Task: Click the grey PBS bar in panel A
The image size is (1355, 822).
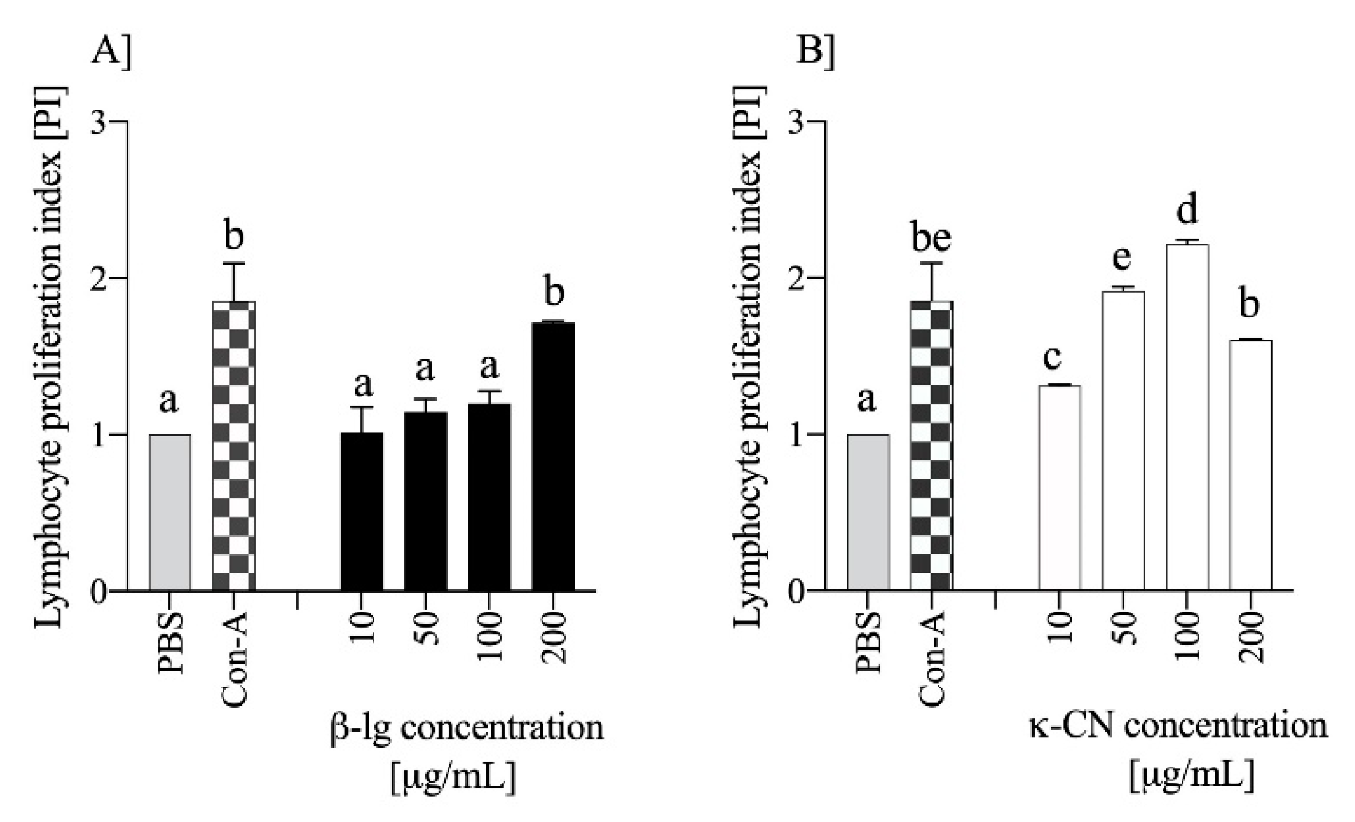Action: tap(170, 513)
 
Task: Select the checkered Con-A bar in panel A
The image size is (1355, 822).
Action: tap(234, 446)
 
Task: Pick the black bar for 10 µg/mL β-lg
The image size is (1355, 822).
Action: tap(361, 511)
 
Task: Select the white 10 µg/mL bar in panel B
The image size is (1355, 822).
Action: tap(1060, 488)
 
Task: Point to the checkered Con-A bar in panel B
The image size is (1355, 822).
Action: tap(932, 446)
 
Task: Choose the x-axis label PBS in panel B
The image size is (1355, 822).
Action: tap(868, 643)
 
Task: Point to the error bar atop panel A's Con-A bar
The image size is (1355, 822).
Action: tap(234, 282)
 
